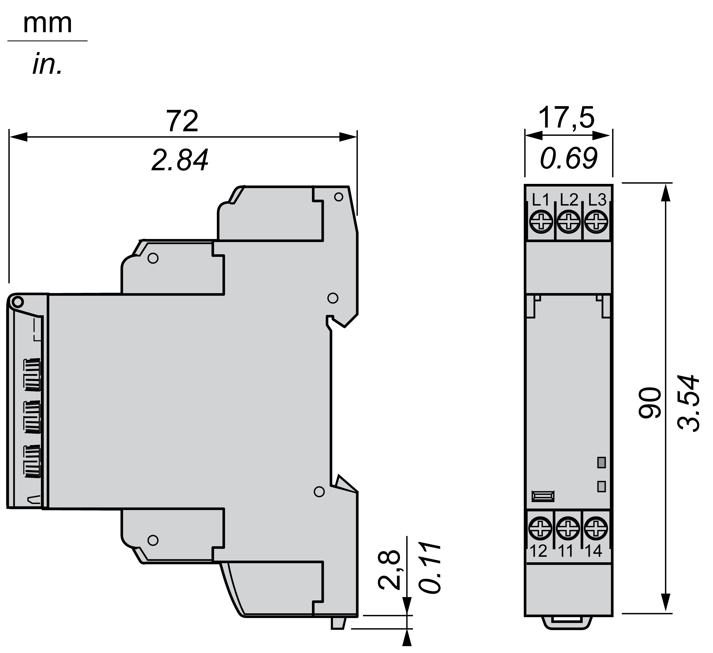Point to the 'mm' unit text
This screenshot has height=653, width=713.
(x=47, y=24)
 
